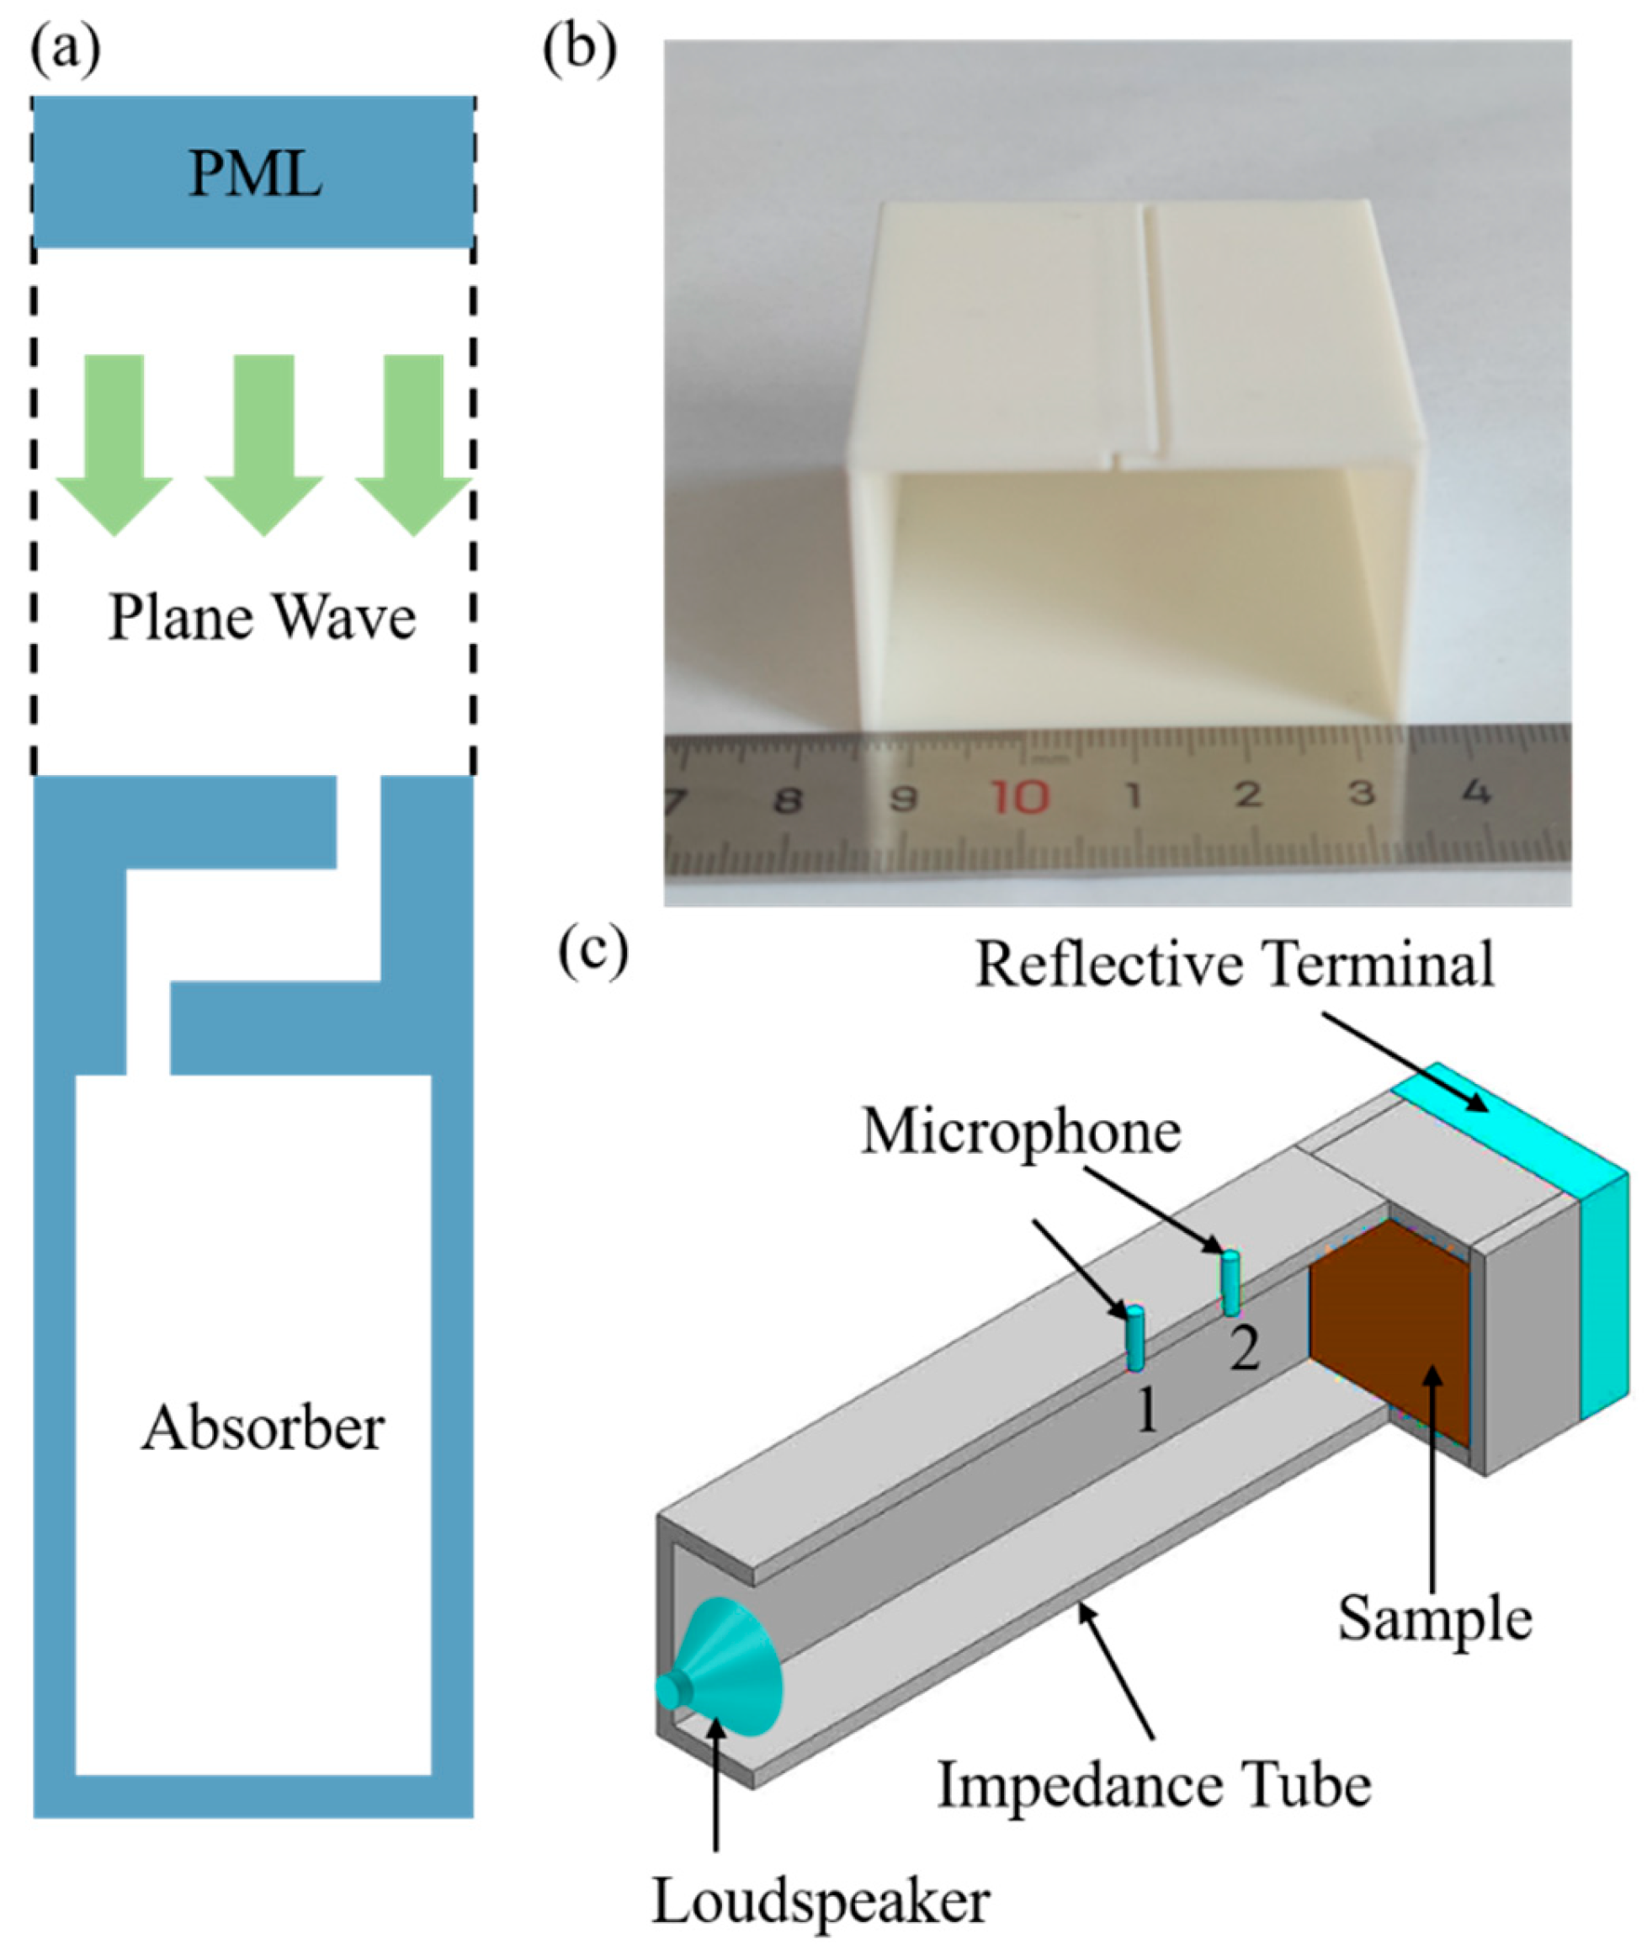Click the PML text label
coord(255,173)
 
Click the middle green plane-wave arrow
coord(264,438)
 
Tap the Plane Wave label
coord(262,618)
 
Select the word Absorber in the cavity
coord(263,1427)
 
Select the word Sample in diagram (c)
coord(1434,1618)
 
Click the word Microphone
coord(1021,1133)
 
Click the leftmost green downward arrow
coord(114,438)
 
